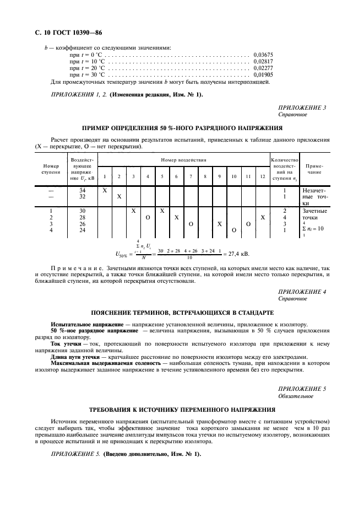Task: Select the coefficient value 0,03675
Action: pyautogui.click(x=263, y=55)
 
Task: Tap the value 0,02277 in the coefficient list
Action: pyautogui.click(x=263, y=68)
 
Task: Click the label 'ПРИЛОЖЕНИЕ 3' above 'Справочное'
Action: pyautogui.click(x=302, y=108)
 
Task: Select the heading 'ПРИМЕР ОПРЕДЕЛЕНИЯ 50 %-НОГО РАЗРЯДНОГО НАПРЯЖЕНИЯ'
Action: pyautogui.click(x=182, y=128)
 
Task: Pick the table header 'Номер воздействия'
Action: pyautogui.click(x=183, y=160)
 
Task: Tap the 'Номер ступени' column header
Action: pyautogui.click(x=47, y=169)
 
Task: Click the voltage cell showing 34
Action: pyautogui.click(x=83, y=190)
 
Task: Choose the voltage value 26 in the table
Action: pyautogui.click(x=83, y=224)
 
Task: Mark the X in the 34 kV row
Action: pyautogui.click(x=105, y=190)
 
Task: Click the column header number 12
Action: pyautogui.click(x=263, y=176)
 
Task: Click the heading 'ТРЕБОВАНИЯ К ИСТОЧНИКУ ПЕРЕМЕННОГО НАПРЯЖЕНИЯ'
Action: pyautogui.click(x=182, y=411)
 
